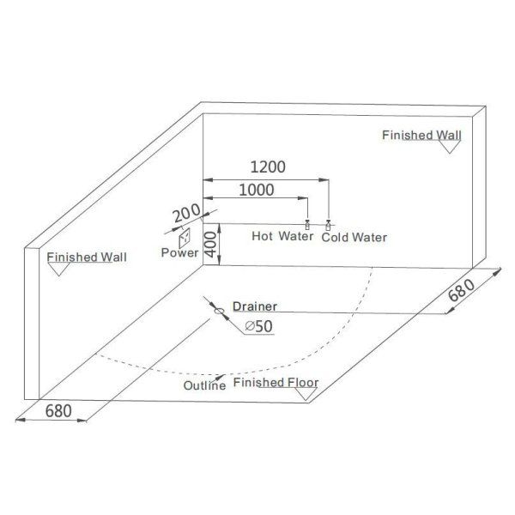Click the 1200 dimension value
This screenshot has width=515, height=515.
click(x=268, y=167)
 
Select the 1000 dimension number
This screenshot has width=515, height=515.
click(x=256, y=190)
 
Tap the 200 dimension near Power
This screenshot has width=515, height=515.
click(x=186, y=213)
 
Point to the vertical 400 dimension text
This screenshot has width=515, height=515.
click(x=211, y=245)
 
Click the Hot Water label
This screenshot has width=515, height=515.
click(x=282, y=236)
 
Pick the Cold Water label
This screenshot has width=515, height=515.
click(x=354, y=237)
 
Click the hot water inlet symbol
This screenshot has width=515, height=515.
click(x=307, y=225)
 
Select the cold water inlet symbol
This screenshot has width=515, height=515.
click(x=328, y=225)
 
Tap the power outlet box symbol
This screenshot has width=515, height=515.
click(x=185, y=238)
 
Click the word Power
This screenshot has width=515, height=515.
click(x=179, y=252)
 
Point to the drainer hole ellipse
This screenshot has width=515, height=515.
click(x=220, y=311)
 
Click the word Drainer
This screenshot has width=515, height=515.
click(x=255, y=306)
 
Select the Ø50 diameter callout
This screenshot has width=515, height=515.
click(x=259, y=326)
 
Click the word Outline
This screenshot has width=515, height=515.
click(x=204, y=385)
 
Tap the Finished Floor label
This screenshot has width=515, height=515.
click(x=276, y=382)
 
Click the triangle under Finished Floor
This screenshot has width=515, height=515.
click(x=306, y=394)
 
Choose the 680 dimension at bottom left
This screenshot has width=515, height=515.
click(x=58, y=410)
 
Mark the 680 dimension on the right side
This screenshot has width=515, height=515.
click(x=462, y=290)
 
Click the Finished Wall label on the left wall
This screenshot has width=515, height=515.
click(x=87, y=257)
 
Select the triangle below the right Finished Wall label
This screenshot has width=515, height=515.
click(x=450, y=147)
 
